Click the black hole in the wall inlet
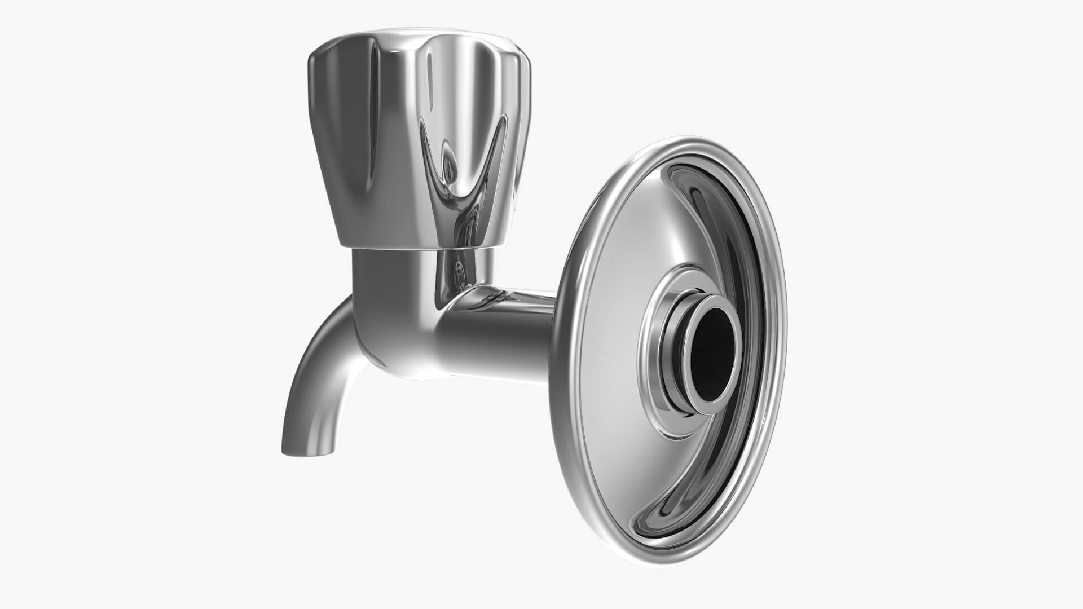pos(712,354)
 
